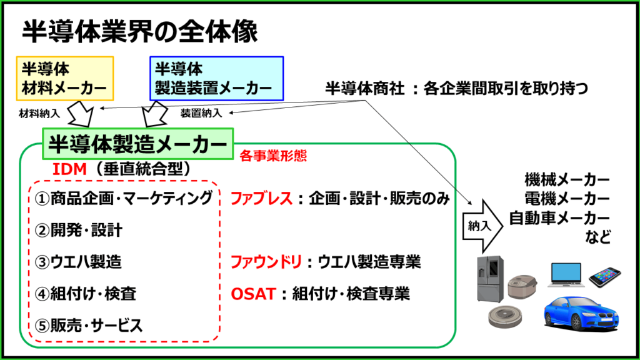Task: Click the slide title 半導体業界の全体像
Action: (139, 31)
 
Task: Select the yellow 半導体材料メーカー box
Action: (65, 78)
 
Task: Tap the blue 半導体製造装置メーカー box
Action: (217, 78)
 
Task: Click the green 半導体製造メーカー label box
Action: (138, 144)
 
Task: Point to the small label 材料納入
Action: (39, 114)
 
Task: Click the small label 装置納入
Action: (201, 113)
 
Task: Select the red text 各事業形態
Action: (273, 156)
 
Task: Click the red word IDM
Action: (69, 169)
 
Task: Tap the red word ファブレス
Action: (262, 198)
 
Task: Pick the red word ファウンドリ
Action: (266, 262)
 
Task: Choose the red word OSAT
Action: (254, 294)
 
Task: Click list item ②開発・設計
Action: (78, 230)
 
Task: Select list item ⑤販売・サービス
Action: (89, 325)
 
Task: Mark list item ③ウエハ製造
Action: (78, 262)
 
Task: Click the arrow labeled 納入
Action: (482, 226)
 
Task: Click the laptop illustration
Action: (566, 274)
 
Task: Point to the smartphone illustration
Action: (604, 277)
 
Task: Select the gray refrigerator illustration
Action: (490, 279)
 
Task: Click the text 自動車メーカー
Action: (559, 218)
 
